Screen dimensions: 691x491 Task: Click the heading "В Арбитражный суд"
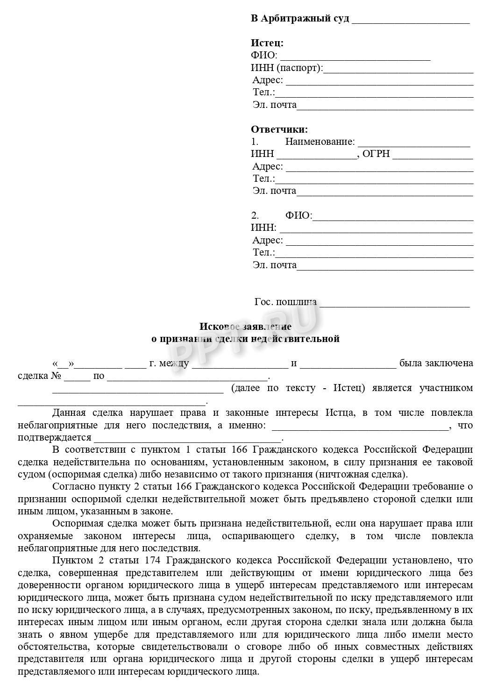pos(300,19)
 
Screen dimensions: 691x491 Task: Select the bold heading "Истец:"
pos(267,43)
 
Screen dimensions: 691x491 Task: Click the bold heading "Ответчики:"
pos(279,129)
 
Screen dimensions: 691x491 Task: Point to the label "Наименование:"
pos(320,142)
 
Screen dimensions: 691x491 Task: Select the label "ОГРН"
pos(376,154)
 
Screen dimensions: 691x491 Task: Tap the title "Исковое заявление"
pos(245,326)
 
